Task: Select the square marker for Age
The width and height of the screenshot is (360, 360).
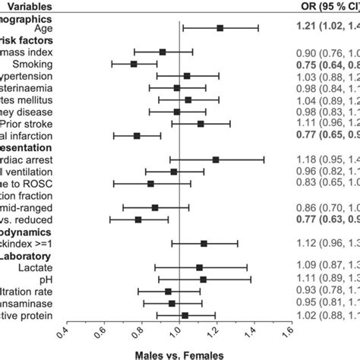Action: coord(220,28)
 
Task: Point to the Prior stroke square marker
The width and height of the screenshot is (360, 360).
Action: coord(201,124)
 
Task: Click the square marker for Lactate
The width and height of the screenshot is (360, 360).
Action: coord(199,267)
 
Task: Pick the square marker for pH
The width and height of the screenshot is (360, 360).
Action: coord(203,279)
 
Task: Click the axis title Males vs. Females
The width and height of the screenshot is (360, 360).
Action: coord(178,354)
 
